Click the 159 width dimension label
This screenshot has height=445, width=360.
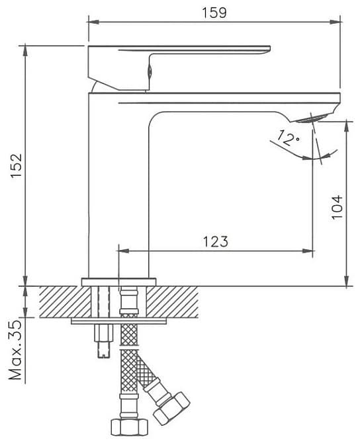pos(214,13)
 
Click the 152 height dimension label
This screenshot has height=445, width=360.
pos(17,166)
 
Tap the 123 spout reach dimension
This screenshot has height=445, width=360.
pos(215,241)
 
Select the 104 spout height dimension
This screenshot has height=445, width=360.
pos(337,207)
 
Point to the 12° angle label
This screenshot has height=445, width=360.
pos(288,138)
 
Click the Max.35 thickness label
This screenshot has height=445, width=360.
pos(15,350)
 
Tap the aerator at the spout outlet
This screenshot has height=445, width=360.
pos(312,118)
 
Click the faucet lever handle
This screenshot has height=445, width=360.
pos(179,67)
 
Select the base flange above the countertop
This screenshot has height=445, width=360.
pos(118,282)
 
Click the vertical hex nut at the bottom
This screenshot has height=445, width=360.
pos(129,427)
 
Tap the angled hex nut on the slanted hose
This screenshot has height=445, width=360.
pos(171,409)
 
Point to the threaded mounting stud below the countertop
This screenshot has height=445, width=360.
pos(104,341)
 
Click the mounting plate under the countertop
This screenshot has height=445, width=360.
pos(118,321)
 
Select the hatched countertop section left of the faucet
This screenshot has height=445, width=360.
pos(65,302)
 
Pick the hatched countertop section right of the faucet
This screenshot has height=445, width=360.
pos(173,302)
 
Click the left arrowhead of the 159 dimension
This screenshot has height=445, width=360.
pos(94,22)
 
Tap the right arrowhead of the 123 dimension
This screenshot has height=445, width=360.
pos(308,251)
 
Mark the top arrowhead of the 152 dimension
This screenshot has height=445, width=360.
pos(26,51)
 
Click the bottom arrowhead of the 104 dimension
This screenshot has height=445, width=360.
pos(346,280)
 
